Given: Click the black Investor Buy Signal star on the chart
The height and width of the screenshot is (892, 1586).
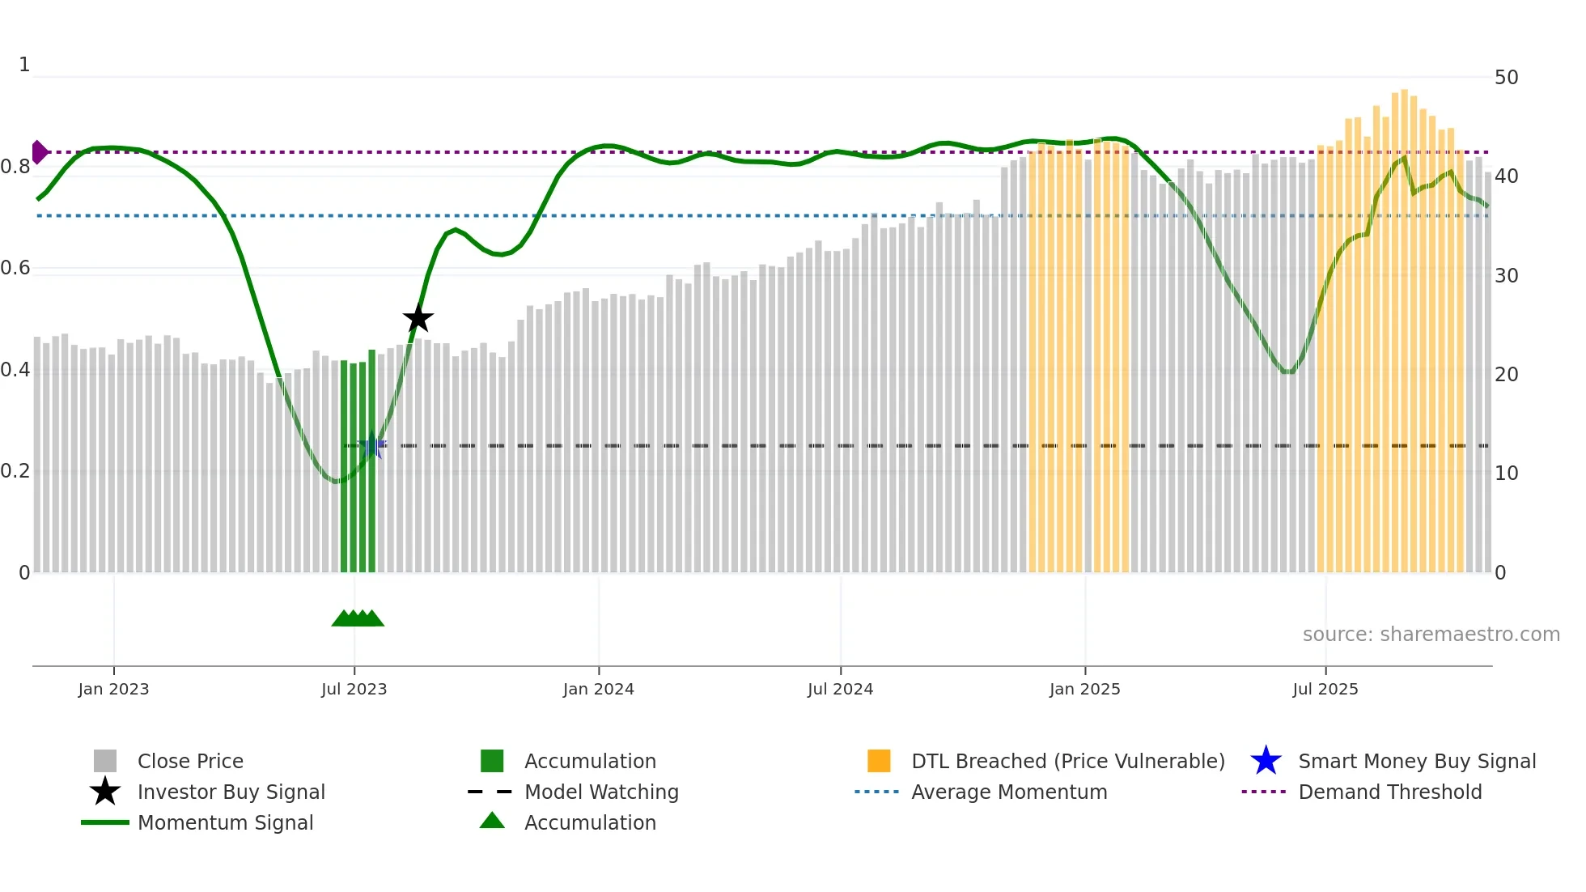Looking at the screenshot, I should click(x=418, y=318).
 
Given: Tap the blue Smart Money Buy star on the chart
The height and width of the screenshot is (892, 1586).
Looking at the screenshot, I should click(x=372, y=445).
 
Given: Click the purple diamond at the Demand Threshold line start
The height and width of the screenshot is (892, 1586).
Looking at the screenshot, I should click(x=39, y=152).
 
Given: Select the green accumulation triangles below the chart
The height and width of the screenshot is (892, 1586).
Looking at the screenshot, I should click(x=358, y=618).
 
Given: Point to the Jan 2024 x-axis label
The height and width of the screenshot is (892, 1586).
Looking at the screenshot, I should click(x=598, y=689).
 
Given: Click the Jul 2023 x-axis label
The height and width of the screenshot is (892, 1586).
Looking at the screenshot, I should click(x=354, y=689).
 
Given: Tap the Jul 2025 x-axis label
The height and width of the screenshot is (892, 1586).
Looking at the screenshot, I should click(x=1325, y=689).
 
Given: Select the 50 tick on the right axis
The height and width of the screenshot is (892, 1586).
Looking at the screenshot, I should click(x=1506, y=78).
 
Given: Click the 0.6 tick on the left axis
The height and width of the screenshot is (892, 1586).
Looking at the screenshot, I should click(x=15, y=268).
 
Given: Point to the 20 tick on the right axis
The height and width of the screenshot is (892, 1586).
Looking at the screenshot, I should click(x=1506, y=374).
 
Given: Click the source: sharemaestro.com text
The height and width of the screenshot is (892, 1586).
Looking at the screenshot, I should click(x=1431, y=634).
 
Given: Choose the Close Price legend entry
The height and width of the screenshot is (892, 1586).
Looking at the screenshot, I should click(x=190, y=761).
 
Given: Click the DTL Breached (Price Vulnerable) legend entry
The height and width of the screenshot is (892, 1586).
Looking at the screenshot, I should click(x=1067, y=761).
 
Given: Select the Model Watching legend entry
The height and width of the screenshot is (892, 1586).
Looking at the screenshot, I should click(x=600, y=792).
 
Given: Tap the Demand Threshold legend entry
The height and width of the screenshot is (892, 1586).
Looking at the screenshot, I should click(x=1389, y=792).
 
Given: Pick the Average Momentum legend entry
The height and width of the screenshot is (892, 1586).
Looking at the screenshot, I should click(x=1008, y=792).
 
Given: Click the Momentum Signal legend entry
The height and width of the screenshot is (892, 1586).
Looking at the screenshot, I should click(x=225, y=822).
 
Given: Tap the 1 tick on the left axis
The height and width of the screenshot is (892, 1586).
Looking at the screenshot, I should click(x=24, y=65).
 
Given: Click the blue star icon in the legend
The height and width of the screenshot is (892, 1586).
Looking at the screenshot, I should click(x=1266, y=761).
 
